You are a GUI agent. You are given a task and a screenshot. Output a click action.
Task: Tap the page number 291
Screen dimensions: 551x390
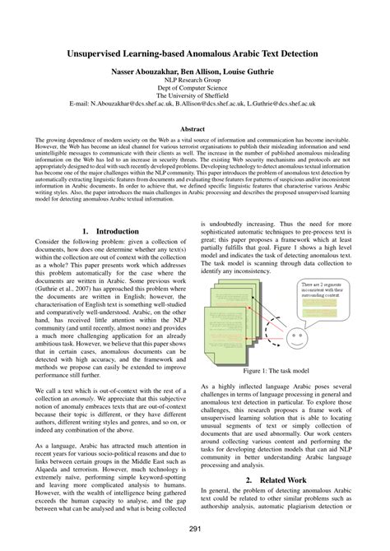click(195, 530)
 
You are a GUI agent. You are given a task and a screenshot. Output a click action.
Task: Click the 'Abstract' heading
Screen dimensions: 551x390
click(195, 129)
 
